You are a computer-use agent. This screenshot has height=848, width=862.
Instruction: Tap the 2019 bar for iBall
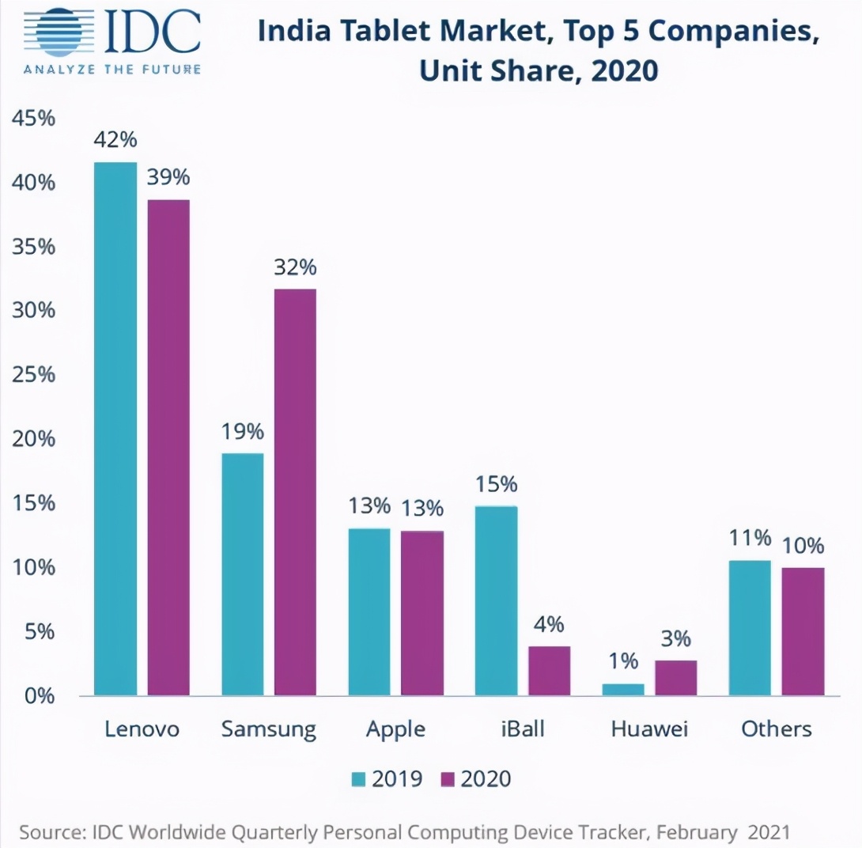tap(496, 601)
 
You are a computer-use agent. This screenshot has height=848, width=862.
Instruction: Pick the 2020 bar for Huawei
tap(676, 678)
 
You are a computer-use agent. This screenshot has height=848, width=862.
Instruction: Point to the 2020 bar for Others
tap(803, 631)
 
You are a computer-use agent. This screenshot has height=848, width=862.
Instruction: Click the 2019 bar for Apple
tap(369, 612)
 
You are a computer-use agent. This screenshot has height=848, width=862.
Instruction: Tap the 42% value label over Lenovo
tap(115, 141)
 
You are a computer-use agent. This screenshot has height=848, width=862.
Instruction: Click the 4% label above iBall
tap(548, 625)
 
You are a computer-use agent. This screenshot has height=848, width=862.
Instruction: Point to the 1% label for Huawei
tap(623, 661)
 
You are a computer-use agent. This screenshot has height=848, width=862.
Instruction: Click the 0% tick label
tap(38, 696)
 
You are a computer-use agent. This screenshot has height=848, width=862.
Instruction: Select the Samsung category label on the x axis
tap(268, 729)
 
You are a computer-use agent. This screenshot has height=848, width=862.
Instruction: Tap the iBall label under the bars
tap(522, 729)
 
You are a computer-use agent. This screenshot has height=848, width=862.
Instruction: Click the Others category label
tap(776, 729)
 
